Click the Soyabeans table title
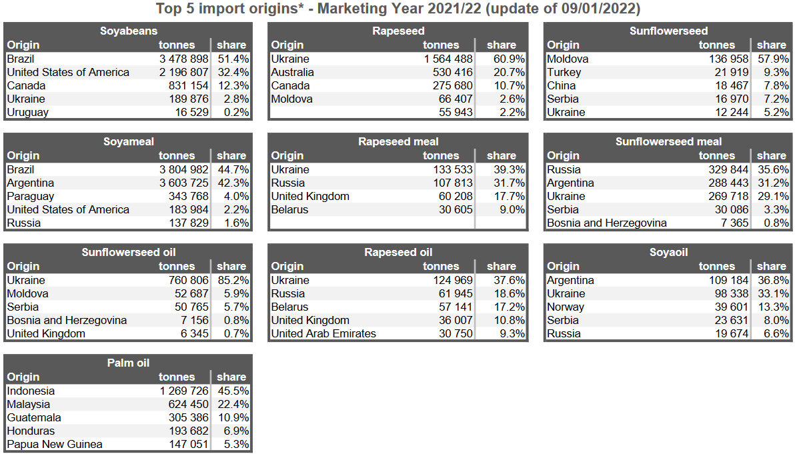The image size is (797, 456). tap(129, 31)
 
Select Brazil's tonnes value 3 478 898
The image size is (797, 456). tap(183, 59)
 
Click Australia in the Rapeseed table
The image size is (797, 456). tap(292, 72)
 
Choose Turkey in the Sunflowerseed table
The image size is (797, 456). tap(564, 72)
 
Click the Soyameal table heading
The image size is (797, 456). tap(129, 141)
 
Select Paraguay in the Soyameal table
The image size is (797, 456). tap(31, 196)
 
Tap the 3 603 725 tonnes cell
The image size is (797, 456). tap(183, 183)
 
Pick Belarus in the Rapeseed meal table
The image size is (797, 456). tap(289, 209)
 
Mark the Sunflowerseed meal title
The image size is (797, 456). tap(668, 141)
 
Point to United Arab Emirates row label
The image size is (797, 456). tap(323, 333)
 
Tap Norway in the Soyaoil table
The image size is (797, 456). tap(565, 307)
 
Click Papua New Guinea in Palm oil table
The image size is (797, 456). tap(55, 444)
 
